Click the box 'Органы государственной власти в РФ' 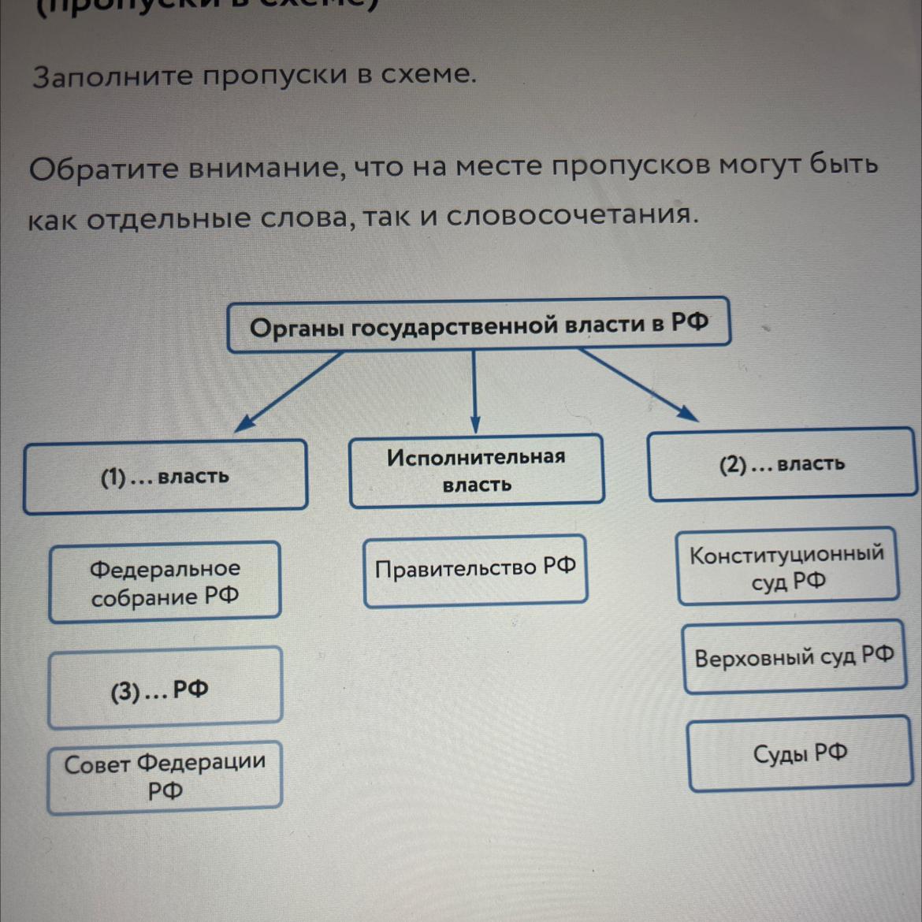tap(478, 325)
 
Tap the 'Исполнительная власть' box tap(476, 470)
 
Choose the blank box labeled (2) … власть tap(782, 464)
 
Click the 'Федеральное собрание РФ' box tap(165, 582)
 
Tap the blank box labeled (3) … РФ tap(165, 687)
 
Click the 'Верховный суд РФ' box tap(794, 657)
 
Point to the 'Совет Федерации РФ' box tap(165, 776)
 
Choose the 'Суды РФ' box tap(800, 753)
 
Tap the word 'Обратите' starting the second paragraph tap(104, 168)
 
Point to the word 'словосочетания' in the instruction tap(572, 215)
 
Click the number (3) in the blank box tap(125, 692)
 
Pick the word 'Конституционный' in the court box tap(786, 554)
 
